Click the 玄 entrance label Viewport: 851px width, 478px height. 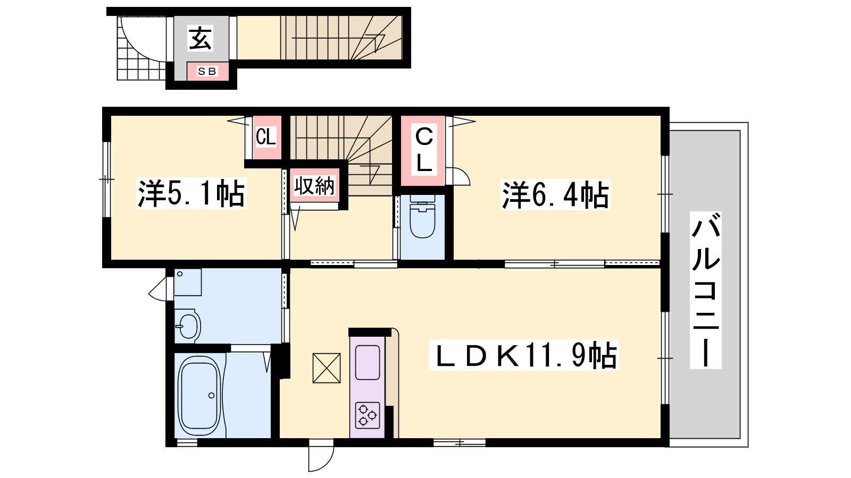coord(200,38)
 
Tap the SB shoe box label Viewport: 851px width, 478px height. coord(207,71)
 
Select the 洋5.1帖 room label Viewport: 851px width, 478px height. coord(191,193)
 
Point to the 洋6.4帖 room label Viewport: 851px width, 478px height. coord(555,194)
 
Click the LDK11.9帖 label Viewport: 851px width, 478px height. coord(524,355)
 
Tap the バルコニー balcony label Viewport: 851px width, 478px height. coord(705,290)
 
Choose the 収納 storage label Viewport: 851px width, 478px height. coord(314,186)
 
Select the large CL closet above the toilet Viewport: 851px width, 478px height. coord(423,151)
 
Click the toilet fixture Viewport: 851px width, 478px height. coord(422,217)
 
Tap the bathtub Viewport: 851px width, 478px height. coord(199,396)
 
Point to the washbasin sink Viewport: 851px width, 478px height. coord(188,326)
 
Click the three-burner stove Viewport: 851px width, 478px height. coord(368,415)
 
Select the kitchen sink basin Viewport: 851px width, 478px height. coord(368,362)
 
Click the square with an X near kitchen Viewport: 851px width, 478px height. coord(327,368)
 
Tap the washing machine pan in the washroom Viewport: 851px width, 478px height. coord(188,282)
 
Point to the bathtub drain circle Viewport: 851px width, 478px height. coord(211,396)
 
